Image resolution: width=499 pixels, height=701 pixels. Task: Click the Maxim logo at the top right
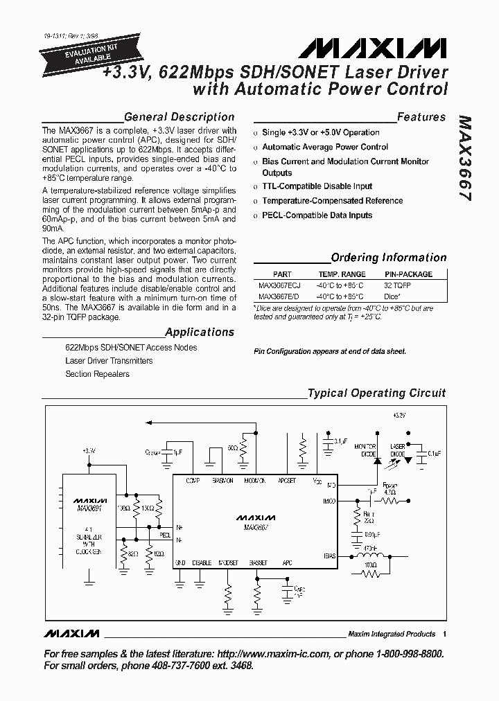tap(374, 49)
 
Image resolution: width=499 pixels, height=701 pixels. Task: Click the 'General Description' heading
tap(179, 117)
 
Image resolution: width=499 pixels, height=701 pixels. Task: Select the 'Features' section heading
tap(421, 117)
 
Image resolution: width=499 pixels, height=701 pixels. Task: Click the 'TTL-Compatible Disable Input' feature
tap(317, 186)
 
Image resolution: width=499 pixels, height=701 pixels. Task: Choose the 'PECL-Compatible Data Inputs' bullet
tap(317, 215)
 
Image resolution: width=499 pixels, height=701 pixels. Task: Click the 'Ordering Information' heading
tap(389, 258)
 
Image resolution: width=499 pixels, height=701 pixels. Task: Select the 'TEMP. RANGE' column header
tap(341, 274)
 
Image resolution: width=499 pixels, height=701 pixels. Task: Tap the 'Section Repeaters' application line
tap(98, 374)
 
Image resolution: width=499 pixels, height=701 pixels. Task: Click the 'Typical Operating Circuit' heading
tap(376, 393)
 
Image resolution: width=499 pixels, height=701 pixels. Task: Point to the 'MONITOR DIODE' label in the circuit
tap(366, 450)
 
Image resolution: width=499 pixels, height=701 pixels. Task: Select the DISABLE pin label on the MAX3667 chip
tap(202, 562)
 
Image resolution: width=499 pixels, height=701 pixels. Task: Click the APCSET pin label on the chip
tap(287, 479)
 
